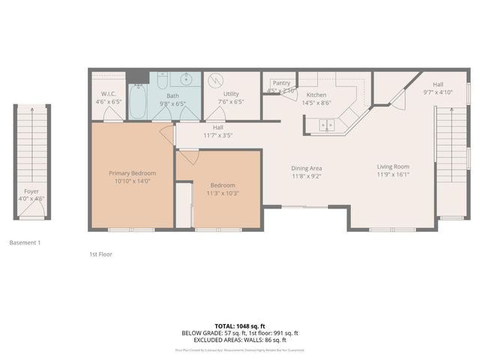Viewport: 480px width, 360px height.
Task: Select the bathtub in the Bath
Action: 137,103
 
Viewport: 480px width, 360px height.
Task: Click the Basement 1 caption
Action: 25,243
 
